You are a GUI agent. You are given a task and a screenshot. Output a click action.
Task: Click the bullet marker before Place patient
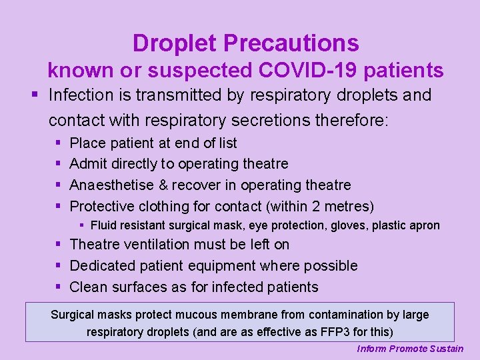point(59,143)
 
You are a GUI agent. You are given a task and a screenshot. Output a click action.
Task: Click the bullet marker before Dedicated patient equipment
point(59,266)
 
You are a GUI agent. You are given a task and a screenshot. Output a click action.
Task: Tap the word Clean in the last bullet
point(88,287)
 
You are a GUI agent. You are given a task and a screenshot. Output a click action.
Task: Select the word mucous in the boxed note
point(211,315)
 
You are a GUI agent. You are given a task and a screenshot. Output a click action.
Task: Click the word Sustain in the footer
point(447,349)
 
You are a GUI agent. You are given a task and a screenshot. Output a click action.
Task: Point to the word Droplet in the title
point(175,43)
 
